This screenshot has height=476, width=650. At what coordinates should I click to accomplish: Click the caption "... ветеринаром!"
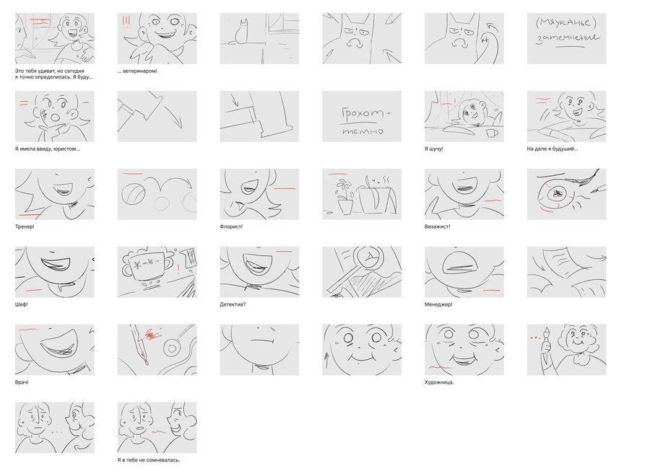(x=137, y=71)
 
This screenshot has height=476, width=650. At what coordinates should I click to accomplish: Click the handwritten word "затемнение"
(x=568, y=38)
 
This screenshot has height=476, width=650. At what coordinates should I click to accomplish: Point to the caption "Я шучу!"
(x=433, y=149)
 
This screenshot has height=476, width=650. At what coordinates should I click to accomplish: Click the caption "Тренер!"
(x=25, y=227)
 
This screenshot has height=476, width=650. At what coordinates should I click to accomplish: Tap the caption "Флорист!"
(x=231, y=227)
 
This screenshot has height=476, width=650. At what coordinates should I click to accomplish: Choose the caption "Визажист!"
(x=438, y=227)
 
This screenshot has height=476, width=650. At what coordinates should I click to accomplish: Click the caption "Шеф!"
(x=22, y=304)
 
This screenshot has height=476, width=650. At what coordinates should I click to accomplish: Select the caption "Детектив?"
(x=233, y=304)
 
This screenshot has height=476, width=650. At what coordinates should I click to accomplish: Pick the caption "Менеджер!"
(x=438, y=304)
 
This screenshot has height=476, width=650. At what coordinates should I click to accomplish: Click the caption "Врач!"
(x=22, y=382)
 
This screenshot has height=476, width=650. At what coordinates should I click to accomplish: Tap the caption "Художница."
(x=439, y=382)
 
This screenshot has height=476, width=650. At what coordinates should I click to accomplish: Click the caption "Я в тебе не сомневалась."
(x=149, y=460)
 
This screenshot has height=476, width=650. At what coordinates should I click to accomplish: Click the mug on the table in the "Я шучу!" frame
(x=492, y=133)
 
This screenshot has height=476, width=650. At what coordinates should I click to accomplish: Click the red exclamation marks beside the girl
(x=126, y=22)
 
